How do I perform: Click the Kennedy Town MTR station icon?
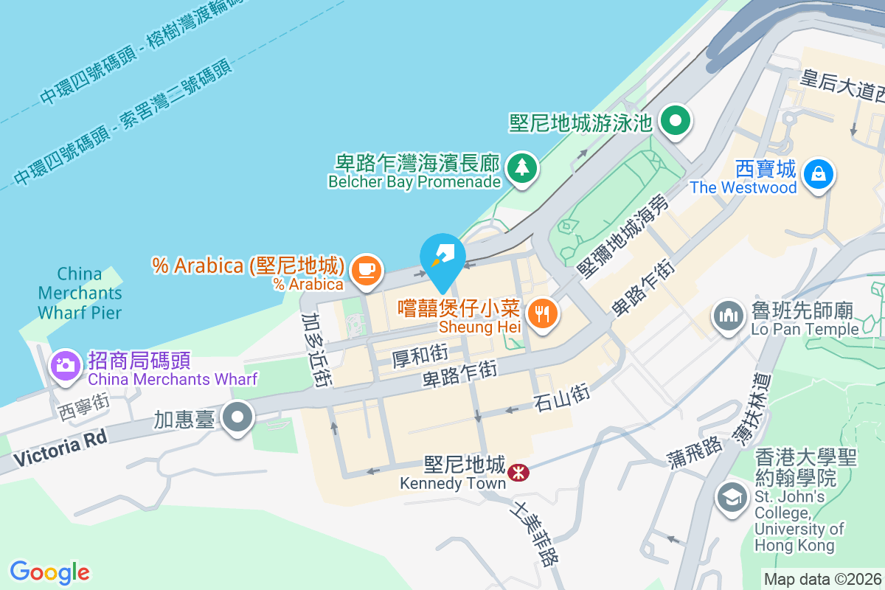tap(518, 470)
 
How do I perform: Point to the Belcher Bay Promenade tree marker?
tap(522, 167)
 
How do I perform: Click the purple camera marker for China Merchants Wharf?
tap(65, 364)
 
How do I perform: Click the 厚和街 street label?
tap(420, 357)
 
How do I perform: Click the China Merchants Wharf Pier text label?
tap(80, 293)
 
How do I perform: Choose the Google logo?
tap(50, 572)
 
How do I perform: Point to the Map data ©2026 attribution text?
tap(822, 580)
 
